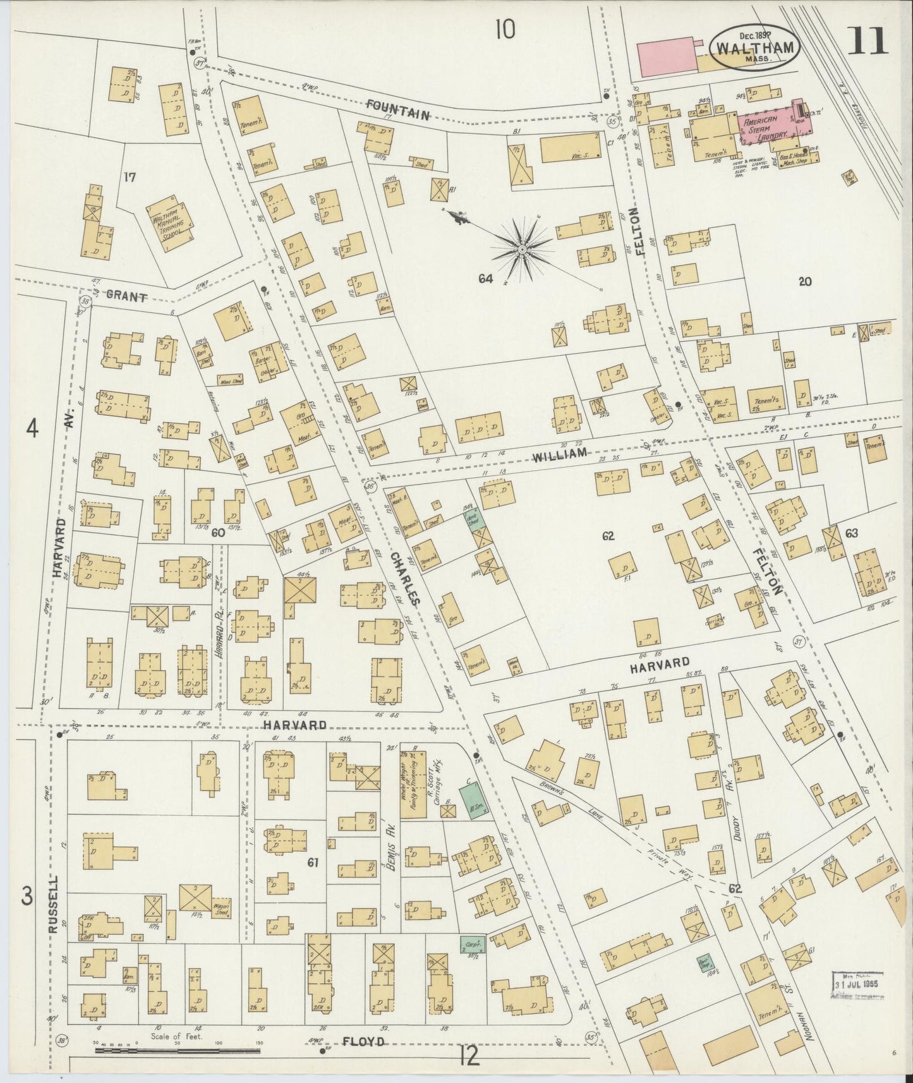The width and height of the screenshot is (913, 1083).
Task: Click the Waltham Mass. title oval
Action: pyautogui.click(x=756, y=48)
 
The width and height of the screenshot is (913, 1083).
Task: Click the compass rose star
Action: pyautogui.click(x=523, y=250)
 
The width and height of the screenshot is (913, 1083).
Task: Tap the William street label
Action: pyautogui.click(x=559, y=452)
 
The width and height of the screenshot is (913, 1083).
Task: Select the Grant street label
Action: pyautogui.click(x=126, y=296)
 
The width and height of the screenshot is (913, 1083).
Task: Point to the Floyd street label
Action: pyautogui.click(x=363, y=1042)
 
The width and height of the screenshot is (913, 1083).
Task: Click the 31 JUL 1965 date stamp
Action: pyautogui.click(x=856, y=984)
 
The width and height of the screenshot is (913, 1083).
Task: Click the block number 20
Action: pyautogui.click(x=804, y=282)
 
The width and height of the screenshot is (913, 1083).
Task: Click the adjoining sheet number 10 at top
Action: pyautogui.click(x=505, y=28)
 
